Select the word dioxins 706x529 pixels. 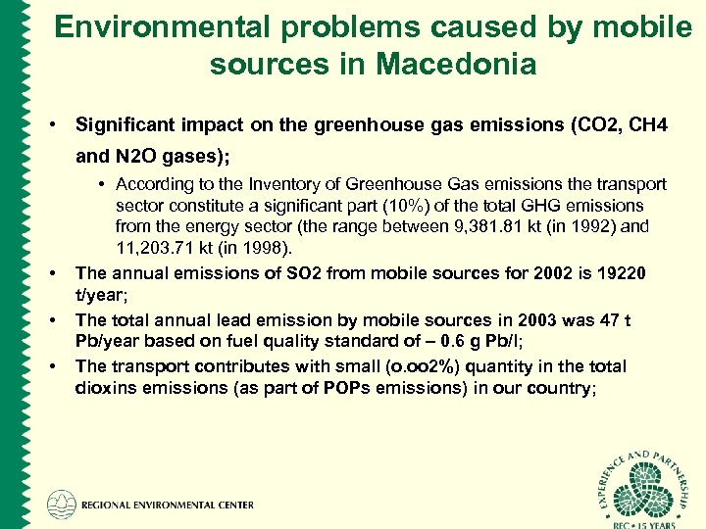102,387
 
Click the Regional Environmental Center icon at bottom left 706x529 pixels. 60,505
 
